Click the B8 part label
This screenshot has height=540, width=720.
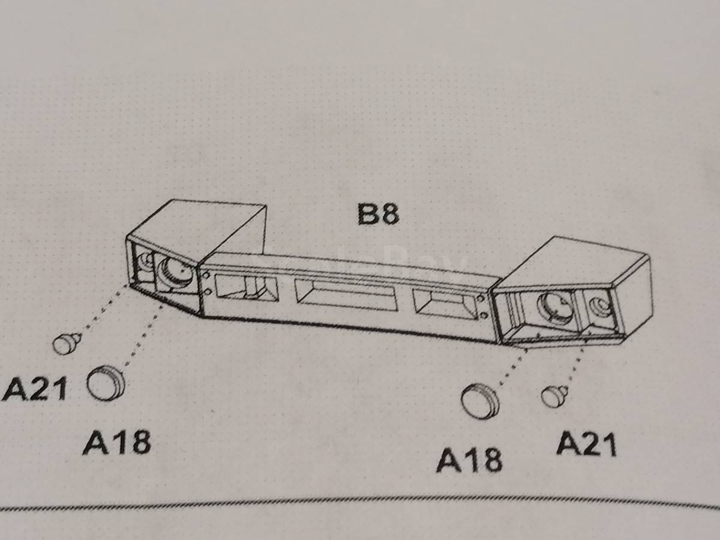coord(378,214)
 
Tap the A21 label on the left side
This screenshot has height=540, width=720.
coord(35,389)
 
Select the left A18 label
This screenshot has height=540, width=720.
coord(117,443)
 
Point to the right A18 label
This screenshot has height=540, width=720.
coord(469,460)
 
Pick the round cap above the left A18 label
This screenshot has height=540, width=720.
coord(106,384)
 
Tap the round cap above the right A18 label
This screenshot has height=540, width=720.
coord(480,401)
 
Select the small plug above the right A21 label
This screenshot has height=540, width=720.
coord(554,397)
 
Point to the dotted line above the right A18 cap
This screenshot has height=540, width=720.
coord(512,367)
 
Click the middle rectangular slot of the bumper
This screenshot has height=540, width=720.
coord(346,295)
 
